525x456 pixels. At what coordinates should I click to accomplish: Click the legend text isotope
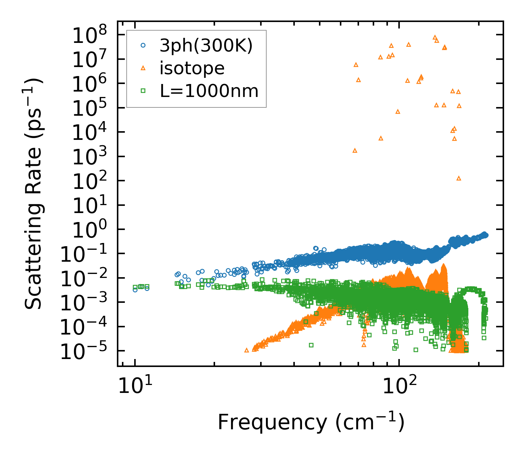[192, 68]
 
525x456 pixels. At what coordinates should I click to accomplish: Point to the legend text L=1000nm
[209, 91]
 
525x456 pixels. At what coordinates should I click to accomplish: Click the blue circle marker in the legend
[143, 45]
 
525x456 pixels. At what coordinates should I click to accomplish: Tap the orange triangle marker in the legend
[143, 68]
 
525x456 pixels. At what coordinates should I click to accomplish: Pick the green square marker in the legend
[143, 90]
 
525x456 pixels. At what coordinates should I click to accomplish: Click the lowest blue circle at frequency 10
[135, 289]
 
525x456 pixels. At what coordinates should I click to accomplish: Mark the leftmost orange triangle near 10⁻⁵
[247, 350]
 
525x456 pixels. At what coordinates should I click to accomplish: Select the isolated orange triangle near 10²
[459, 178]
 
